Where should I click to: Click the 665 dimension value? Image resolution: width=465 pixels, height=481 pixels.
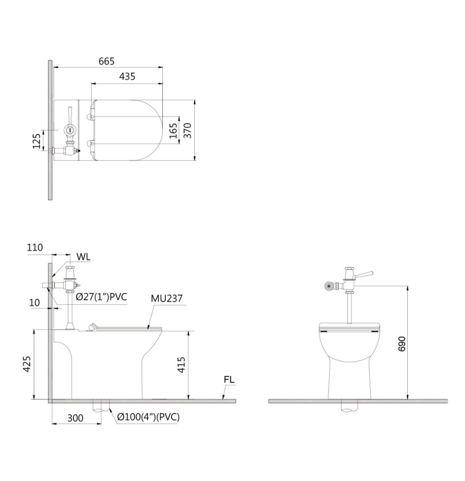coord(106,61)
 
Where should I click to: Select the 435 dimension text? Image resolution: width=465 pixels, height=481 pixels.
coord(127,76)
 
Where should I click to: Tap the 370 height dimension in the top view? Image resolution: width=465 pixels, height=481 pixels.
coord(187,131)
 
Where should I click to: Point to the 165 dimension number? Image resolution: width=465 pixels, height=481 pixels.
coord(173,131)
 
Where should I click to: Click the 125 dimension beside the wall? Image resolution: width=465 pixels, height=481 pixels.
coord(37,141)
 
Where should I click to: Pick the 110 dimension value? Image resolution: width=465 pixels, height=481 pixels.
coord(35,248)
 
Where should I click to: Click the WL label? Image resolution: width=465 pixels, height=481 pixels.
coord(84,257)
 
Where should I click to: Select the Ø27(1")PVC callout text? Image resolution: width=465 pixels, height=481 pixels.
coord(101,297)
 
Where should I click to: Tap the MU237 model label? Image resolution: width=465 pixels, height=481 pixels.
coord(166,298)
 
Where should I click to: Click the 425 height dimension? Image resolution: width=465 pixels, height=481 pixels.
coord(27,364)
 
